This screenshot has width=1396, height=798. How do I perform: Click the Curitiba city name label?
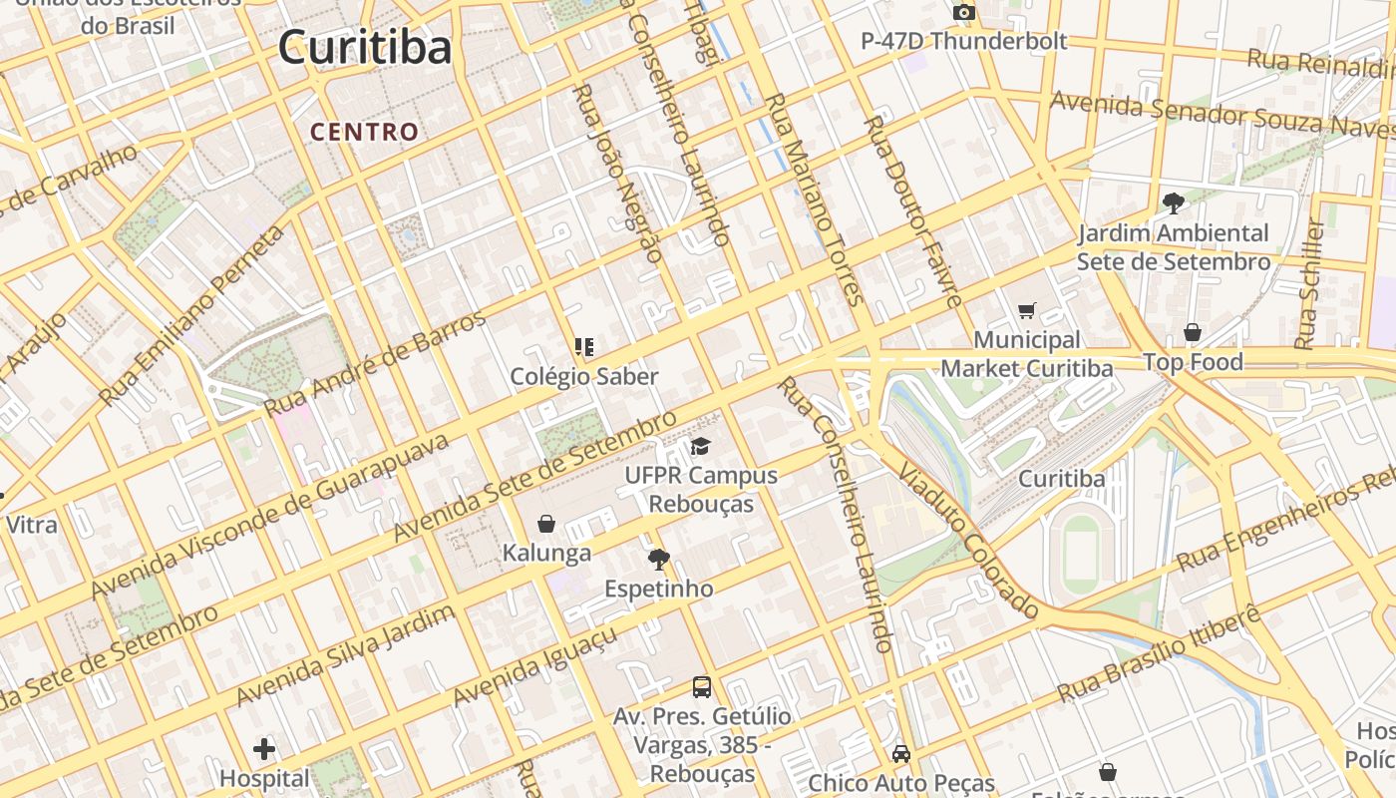pyautogui.click(x=364, y=47)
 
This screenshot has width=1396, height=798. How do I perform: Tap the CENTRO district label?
pyautogui.click(x=364, y=132)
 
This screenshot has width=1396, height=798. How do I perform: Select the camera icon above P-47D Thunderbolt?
pyautogui.click(x=963, y=12)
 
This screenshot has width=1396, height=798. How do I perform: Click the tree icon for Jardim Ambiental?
pyautogui.click(x=1173, y=202)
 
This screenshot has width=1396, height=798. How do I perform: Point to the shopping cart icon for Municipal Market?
pyautogui.click(x=1027, y=310)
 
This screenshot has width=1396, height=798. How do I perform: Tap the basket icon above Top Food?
pyautogui.click(x=1192, y=332)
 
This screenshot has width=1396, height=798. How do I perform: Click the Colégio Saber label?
pyautogui.click(x=584, y=377)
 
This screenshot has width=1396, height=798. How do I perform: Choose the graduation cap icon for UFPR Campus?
pyautogui.click(x=701, y=446)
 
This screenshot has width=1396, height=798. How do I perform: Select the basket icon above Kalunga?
pyautogui.click(x=546, y=524)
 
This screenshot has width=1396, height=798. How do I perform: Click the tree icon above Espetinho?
pyautogui.click(x=658, y=559)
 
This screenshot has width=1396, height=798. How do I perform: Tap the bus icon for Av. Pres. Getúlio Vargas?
pyautogui.click(x=702, y=686)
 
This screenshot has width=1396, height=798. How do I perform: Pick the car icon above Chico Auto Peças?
pyautogui.click(x=901, y=753)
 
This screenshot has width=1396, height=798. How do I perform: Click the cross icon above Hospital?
pyautogui.click(x=264, y=748)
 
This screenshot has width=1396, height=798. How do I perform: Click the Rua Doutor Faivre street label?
pyautogui.click(x=912, y=209)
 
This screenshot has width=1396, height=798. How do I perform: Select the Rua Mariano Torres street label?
pyautogui.click(x=813, y=199)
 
